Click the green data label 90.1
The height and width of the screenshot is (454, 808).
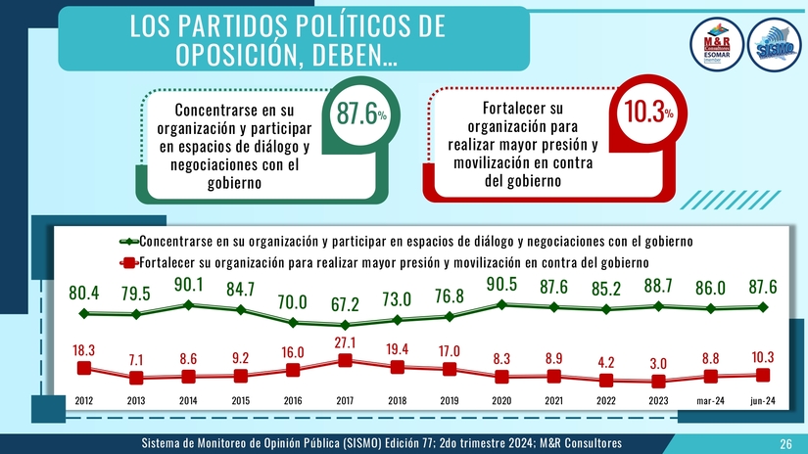(x=188, y=285)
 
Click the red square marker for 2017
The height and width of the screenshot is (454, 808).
(x=346, y=360)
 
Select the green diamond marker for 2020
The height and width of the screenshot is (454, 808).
(x=502, y=304)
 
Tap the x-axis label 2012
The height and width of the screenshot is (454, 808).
(x=84, y=399)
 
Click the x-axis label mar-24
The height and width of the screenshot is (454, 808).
(x=711, y=399)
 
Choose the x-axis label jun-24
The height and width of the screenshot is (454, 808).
(x=763, y=399)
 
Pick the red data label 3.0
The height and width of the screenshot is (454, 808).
(x=659, y=363)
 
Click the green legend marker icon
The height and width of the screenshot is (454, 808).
(x=125, y=241)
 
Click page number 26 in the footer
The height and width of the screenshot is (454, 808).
(x=785, y=444)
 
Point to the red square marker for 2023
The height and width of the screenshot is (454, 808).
(x=659, y=382)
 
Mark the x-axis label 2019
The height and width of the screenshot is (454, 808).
(x=450, y=399)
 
